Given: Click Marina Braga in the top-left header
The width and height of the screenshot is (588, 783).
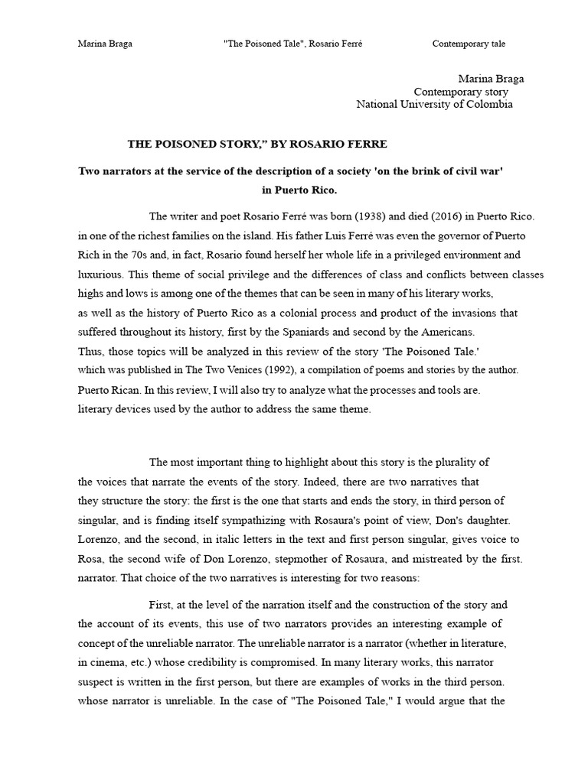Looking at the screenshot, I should (105, 44).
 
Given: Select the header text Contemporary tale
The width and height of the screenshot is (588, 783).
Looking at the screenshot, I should (469, 44).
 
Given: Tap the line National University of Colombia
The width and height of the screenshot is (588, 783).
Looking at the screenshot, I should (434, 105).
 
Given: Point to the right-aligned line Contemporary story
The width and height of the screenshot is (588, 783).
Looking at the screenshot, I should (461, 92).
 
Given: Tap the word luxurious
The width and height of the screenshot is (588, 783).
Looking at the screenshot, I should (101, 274).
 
